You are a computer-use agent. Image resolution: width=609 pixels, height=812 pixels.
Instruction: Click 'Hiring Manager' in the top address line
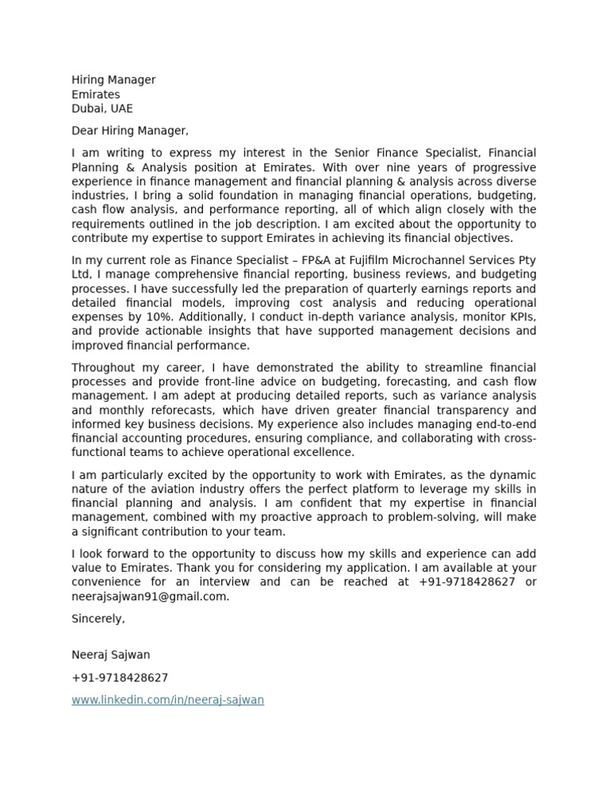point(113,80)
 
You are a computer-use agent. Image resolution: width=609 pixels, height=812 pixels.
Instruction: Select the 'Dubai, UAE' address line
point(102,109)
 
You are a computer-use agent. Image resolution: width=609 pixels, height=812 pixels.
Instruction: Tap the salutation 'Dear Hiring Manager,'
point(130,131)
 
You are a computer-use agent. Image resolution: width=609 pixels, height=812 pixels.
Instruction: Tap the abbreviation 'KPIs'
point(519,317)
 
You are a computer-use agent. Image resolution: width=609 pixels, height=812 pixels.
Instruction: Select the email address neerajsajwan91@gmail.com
point(150,596)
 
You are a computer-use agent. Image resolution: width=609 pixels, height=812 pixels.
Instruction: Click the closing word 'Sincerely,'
point(98,619)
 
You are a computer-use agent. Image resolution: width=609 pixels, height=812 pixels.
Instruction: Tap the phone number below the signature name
point(120,678)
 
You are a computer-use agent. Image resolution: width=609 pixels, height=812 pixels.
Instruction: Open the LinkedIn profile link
point(167,700)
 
